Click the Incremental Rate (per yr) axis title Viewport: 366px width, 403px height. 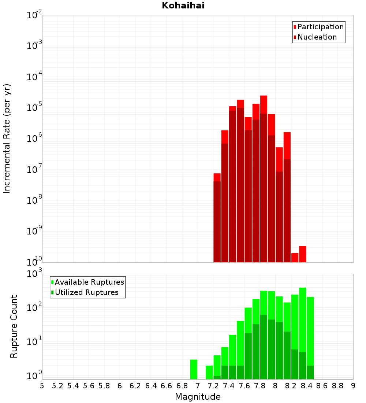7,138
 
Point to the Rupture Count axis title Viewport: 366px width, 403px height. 14,326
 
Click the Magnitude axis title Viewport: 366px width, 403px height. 198,397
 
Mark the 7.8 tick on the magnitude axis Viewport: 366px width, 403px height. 260,386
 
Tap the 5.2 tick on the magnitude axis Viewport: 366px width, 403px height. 57,386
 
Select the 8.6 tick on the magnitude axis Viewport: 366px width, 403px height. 322,386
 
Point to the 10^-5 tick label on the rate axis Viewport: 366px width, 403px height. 34,108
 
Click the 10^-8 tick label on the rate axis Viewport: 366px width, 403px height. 34,200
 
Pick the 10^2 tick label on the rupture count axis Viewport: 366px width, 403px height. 34,307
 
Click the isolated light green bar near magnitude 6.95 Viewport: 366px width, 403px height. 194,369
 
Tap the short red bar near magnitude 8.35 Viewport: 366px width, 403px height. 302,254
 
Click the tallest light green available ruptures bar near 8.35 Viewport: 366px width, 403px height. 302,319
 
